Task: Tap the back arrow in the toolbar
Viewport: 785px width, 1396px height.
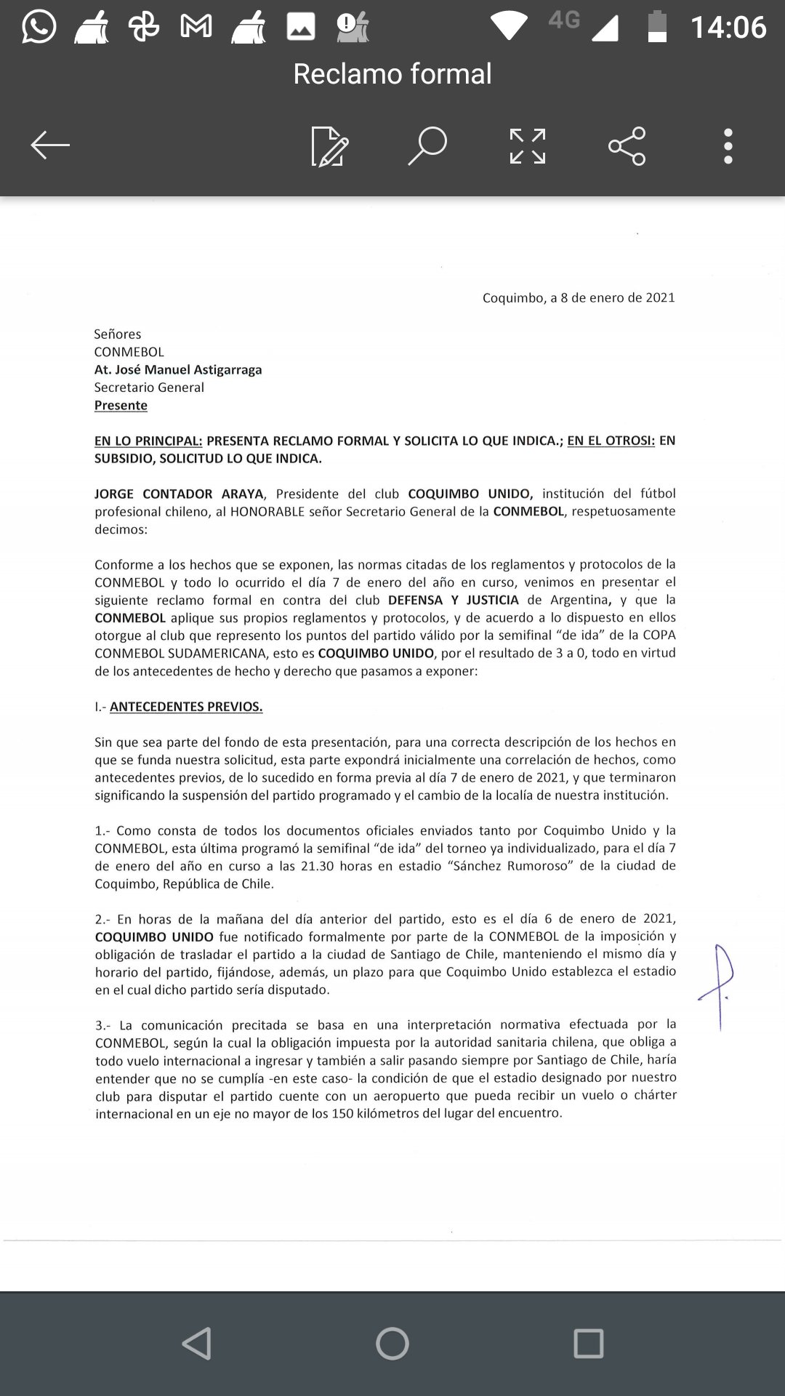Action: click(49, 145)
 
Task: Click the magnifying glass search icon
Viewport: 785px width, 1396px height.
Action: click(427, 145)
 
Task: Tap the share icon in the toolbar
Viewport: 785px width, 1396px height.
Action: click(627, 146)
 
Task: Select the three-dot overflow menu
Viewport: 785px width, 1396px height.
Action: click(728, 146)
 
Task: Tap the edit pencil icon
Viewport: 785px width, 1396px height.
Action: click(329, 146)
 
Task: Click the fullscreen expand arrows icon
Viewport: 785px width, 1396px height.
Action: click(528, 146)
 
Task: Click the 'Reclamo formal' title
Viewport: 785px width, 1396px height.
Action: click(392, 73)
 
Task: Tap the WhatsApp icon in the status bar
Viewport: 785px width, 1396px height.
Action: click(39, 28)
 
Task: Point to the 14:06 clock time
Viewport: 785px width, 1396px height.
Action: click(728, 28)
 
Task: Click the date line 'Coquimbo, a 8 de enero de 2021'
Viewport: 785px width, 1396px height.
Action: click(579, 297)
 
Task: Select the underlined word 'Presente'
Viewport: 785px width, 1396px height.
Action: click(121, 405)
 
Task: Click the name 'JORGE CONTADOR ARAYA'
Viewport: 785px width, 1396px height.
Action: click(179, 494)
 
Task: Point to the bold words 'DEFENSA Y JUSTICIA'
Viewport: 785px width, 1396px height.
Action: click(454, 600)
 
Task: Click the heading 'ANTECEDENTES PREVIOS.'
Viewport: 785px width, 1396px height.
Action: click(186, 706)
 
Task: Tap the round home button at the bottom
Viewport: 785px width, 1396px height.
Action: click(392, 1344)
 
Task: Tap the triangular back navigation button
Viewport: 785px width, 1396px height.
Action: click(197, 1344)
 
